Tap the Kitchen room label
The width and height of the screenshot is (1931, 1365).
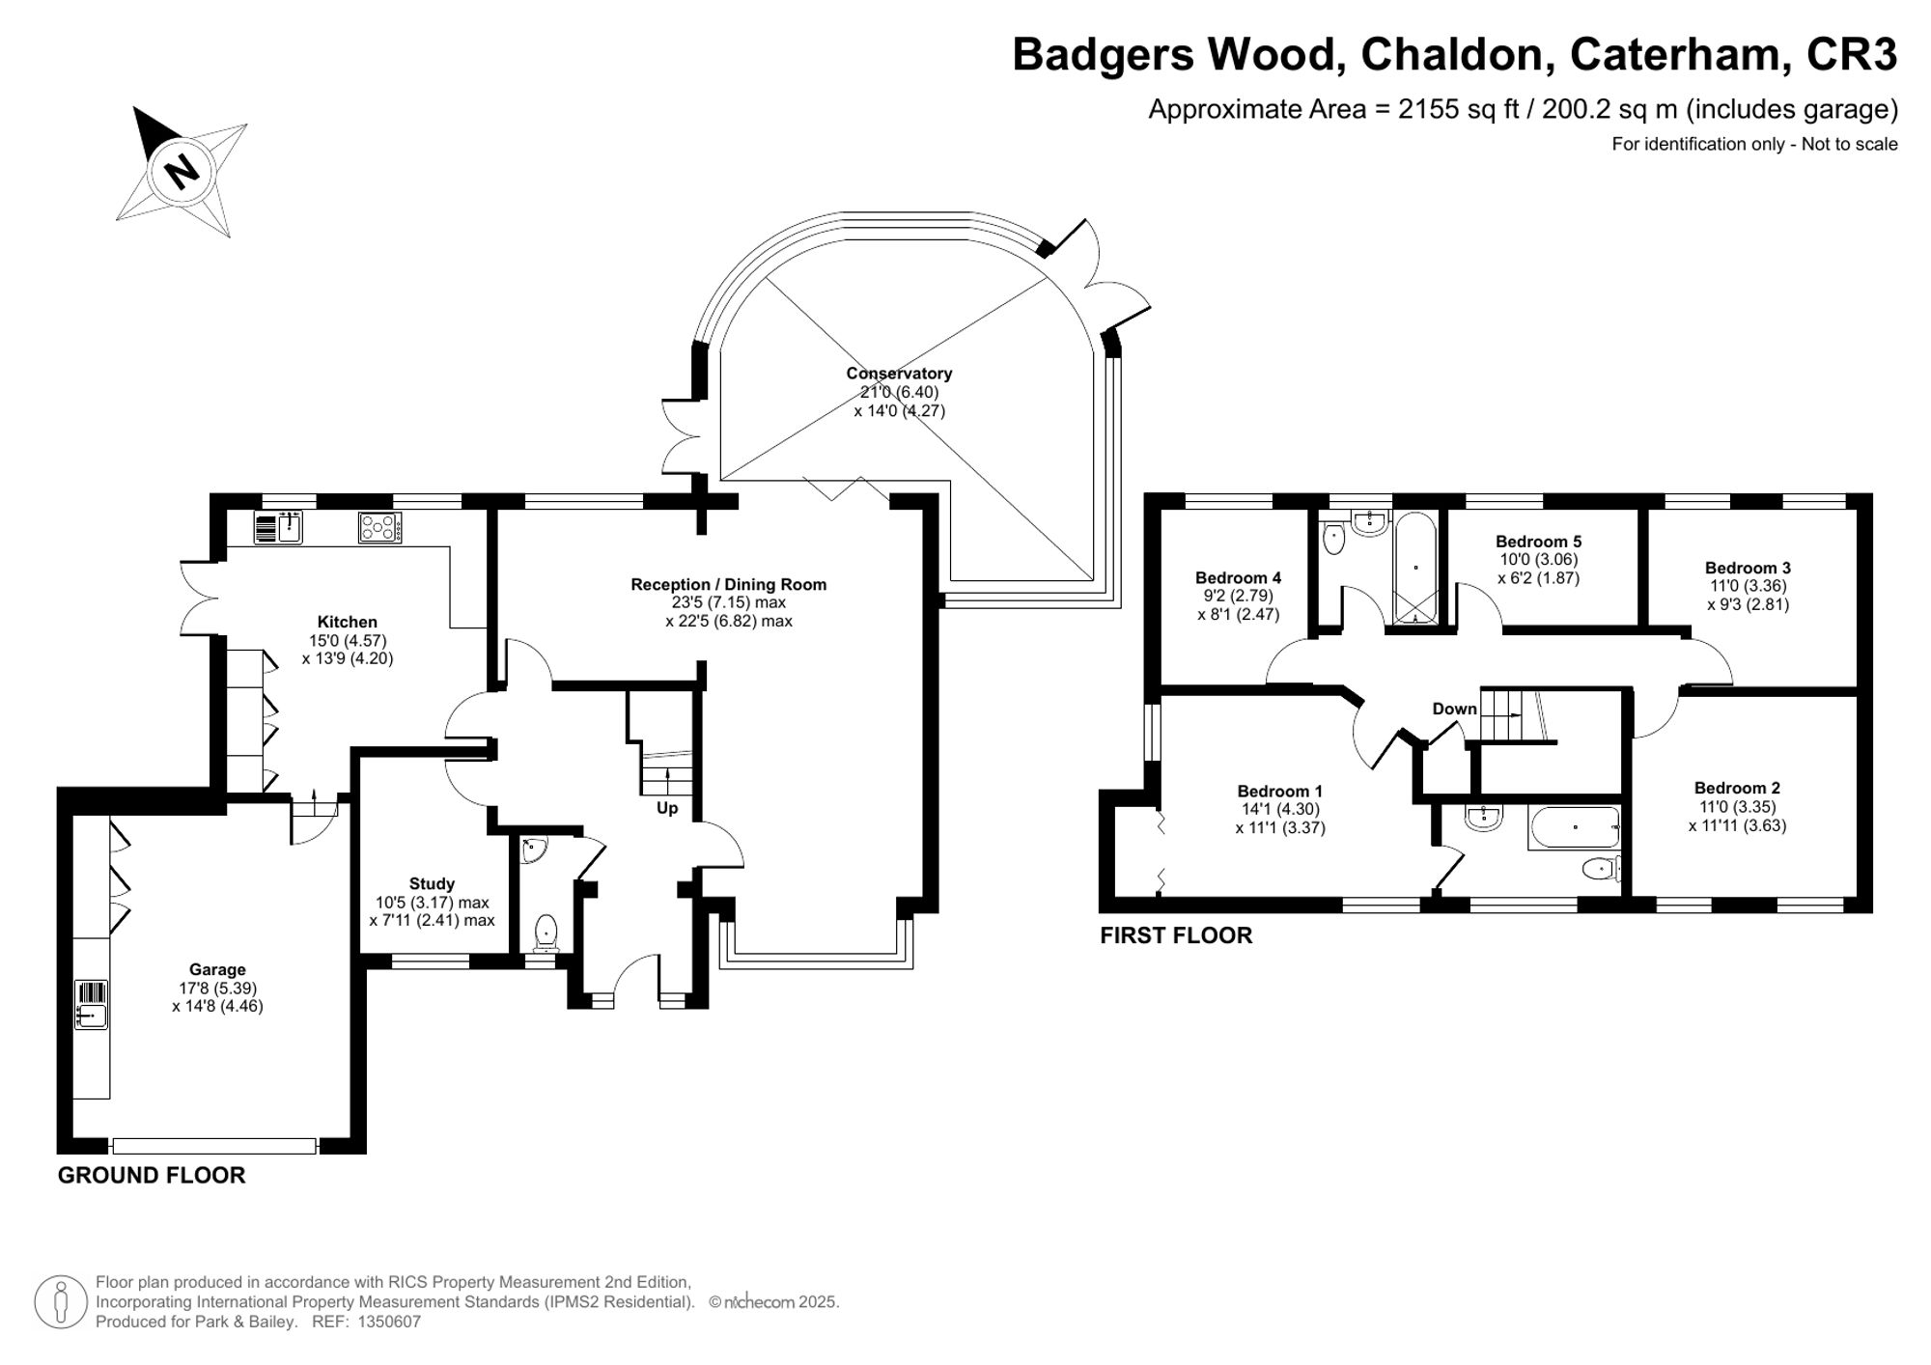(347, 622)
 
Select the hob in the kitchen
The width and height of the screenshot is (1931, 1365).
(379, 527)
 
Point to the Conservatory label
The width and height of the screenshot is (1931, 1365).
(899, 374)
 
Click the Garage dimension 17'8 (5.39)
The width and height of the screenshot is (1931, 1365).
(217, 988)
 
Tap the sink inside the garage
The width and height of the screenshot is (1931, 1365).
(91, 1015)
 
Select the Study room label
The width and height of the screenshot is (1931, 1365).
(432, 883)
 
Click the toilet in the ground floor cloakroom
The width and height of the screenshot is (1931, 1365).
(546, 933)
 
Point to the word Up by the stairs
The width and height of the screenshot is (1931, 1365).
(667, 808)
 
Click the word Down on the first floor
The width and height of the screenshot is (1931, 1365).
(1454, 709)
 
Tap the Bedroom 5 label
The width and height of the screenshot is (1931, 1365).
(1538, 542)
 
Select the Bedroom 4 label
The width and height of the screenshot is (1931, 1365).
(1238, 577)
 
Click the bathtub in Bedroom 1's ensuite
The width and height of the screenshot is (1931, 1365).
(1574, 828)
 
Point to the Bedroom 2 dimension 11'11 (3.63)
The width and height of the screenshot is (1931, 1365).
(1737, 825)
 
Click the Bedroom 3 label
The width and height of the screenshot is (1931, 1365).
(1748, 568)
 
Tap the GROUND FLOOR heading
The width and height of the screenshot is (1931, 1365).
(152, 1175)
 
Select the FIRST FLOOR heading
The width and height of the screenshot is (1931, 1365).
(1176, 934)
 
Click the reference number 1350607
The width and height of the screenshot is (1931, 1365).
(389, 1322)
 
